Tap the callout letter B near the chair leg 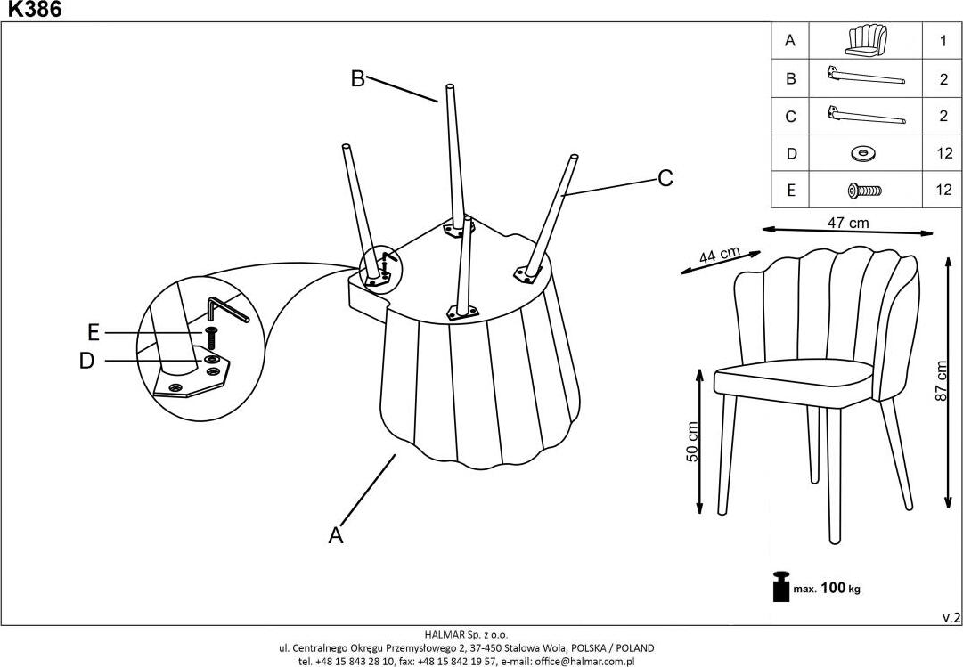(x=357, y=79)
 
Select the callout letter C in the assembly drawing (x=665, y=179)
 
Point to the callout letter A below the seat (x=336, y=535)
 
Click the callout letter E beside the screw (x=94, y=333)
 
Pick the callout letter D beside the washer (x=86, y=361)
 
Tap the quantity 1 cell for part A (x=942, y=41)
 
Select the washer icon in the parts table (x=862, y=153)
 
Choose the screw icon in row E (x=862, y=190)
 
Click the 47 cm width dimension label (x=846, y=223)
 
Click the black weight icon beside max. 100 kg (x=780, y=586)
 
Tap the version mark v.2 (x=951, y=617)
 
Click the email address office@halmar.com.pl (x=584, y=662)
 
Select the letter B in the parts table (x=789, y=78)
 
